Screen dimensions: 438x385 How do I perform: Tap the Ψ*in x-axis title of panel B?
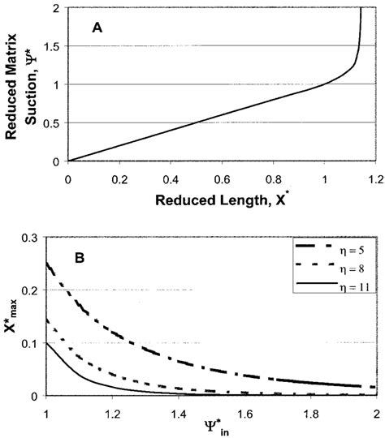coord(213,428)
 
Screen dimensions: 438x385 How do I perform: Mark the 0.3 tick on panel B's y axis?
coord(32,236)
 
